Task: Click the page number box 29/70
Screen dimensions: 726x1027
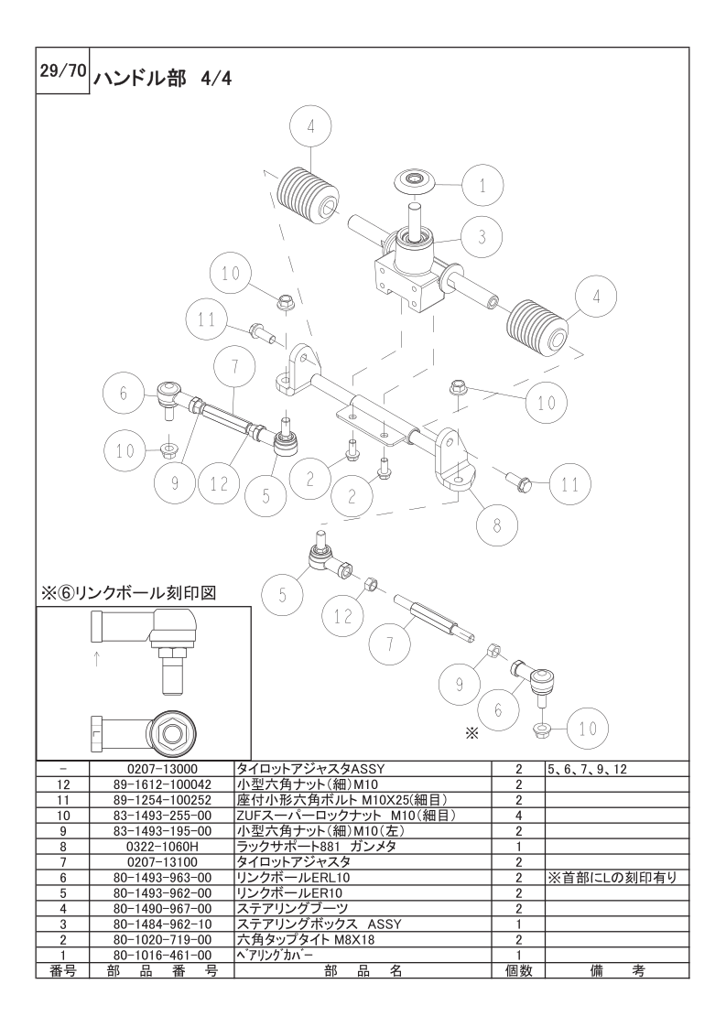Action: pyautogui.click(x=62, y=71)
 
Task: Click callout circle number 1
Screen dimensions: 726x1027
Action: pyautogui.click(x=482, y=186)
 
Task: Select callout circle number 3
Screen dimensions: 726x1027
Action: pyautogui.click(x=482, y=236)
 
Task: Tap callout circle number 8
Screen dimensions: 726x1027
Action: pyautogui.click(x=497, y=525)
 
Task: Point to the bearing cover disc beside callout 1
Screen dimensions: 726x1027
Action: pyautogui.click(x=416, y=180)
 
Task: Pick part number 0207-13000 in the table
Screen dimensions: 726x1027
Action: pyautogui.click(x=161, y=769)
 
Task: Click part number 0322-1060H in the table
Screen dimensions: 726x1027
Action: pyautogui.click(x=161, y=847)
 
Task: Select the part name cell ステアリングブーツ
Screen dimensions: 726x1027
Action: pyautogui.click(x=292, y=909)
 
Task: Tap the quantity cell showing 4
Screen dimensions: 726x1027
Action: pyautogui.click(x=518, y=816)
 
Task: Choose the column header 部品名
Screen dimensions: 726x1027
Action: pyautogui.click(x=363, y=970)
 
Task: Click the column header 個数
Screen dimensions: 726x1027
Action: pyautogui.click(x=518, y=970)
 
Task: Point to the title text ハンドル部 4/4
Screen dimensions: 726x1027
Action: pyautogui.click(x=162, y=79)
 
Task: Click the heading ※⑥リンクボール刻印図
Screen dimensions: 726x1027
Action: pyautogui.click(x=128, y=593)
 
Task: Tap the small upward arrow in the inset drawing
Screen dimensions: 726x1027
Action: pyautogui.click(x=96, y=658)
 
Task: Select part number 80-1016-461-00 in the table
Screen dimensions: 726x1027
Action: pyautogui.click(x=161, y=956)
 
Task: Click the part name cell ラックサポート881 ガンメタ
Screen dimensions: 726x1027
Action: pyautogui.click(x=316, y=847)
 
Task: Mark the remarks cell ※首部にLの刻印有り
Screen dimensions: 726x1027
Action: pyautogui.click(x=612, y=878)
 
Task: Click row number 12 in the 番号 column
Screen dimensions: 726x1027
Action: pyautogui.click(x=63, y=784)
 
